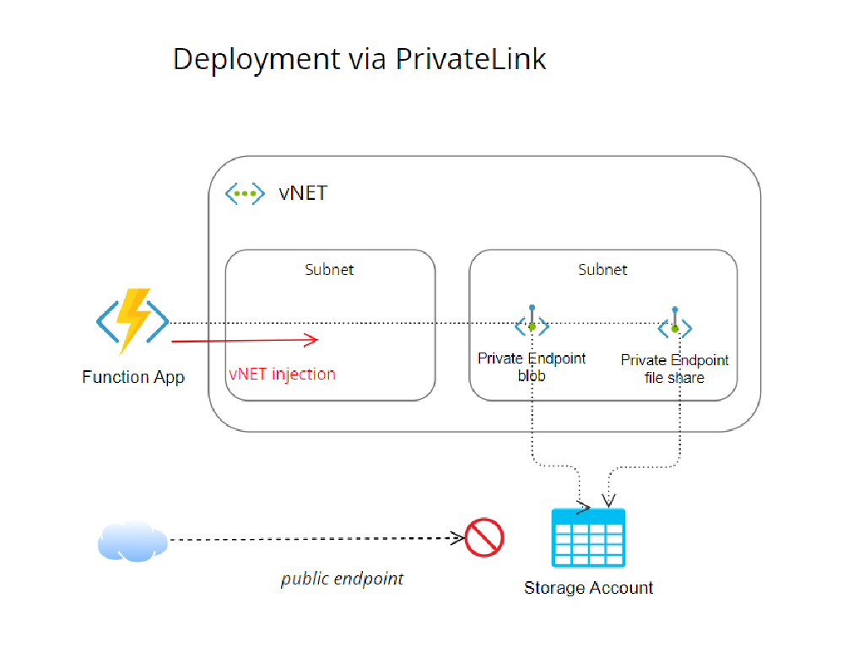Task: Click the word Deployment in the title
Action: click(x=251, y=59)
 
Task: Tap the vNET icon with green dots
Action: click(x=244, y=193)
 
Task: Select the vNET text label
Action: click(x=302, y=193)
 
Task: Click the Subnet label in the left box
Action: click(x=329, y=270)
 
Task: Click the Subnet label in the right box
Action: click(x=602, y=270)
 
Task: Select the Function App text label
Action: click(x=133, y=377)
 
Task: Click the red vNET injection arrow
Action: click(x=245, y=340)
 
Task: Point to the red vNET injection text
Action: click(x=282, y=374)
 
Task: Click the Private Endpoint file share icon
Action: click(x=675, y=327)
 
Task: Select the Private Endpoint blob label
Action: click(x=532, y=367)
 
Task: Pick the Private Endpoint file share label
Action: click(x=675, y=369)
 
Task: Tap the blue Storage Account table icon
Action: click(x=588, y=537)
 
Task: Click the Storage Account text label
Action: click(x=588, y=588)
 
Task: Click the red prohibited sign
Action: click(x=484, y=537)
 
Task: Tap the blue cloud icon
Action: click(x=132, y=541)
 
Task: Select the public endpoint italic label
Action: click(x=342, y=579)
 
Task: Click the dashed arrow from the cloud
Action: click(x=312, y=539)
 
